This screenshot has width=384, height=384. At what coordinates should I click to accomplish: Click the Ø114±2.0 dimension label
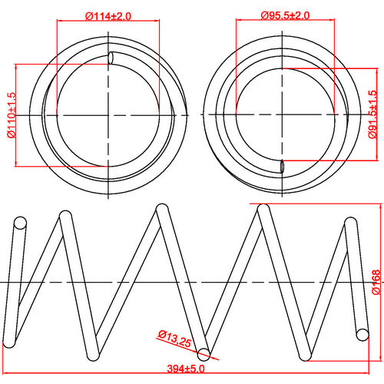coord(108,15)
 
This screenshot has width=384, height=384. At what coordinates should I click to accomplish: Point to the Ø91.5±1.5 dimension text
coord(373,114)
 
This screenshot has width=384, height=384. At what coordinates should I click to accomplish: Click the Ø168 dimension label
coord(376,282)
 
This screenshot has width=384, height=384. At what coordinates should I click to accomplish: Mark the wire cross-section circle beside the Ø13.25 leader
coord(204,353)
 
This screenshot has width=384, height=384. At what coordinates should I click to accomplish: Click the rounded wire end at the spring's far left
coord(20,223)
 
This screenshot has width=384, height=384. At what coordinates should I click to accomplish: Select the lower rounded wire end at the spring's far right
coord(362,333)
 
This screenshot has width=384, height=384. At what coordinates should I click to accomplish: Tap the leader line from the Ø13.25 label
coord(187,345)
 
